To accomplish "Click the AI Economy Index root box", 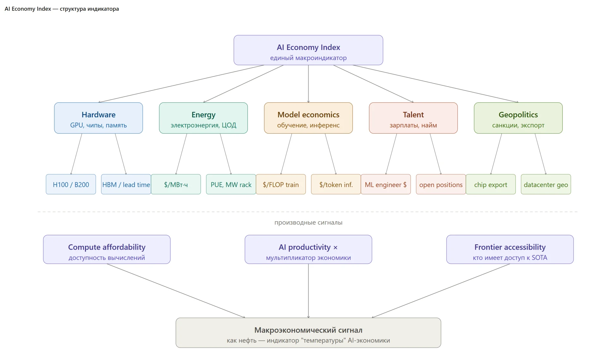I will pos(308,50).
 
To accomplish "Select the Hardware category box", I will pos(98,118).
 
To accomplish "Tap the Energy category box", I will pos(203,118).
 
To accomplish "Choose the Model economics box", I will pos(308,118).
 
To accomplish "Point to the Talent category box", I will pos(413,118).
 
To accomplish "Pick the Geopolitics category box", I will pos(518,118).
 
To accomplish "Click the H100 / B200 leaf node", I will pos(71,184).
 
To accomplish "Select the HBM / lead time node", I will pos(126,184).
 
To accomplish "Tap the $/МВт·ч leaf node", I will pos(176,184).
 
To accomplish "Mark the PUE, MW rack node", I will pos(231,184).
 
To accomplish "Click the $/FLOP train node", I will pos(281,184).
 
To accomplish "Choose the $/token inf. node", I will pos(336,184).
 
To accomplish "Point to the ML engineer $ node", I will pos(386,184).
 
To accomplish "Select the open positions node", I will pos(441,184).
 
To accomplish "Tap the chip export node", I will pos(491,184).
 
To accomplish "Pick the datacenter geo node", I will pos(546,184).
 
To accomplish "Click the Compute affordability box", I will pos(107,249).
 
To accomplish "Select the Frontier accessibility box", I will pos(510,249).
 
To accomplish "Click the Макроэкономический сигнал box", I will pos(308,333).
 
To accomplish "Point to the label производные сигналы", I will pos(308,223).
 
